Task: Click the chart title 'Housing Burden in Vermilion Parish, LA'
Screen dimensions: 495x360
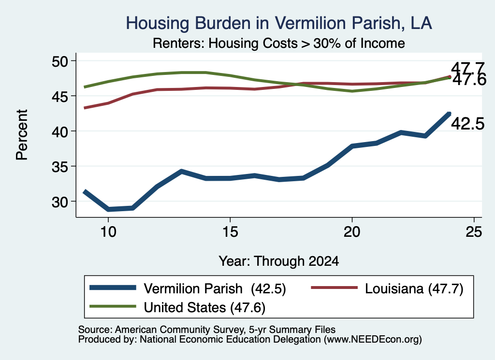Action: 279,23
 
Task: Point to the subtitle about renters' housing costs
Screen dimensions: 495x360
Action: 279,43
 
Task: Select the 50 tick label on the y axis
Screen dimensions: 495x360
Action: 59,61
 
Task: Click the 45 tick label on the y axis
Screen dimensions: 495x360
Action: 59,96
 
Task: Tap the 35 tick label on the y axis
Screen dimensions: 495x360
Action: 59,167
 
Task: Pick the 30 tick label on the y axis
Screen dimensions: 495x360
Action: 59,202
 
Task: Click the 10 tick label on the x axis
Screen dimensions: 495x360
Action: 108,232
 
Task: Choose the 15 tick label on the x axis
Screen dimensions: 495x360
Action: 230,232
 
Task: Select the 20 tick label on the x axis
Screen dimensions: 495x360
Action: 352,232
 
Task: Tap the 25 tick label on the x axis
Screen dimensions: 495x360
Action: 474,232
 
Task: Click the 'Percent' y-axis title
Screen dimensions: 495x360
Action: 22,135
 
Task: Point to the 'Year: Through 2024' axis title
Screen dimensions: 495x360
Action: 279,261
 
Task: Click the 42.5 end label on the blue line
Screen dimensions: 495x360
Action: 467,124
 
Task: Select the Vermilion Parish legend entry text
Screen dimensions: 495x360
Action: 215,288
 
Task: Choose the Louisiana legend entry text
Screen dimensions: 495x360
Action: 414,288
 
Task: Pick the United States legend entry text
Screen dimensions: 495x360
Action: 204,307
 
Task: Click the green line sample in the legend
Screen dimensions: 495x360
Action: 113,306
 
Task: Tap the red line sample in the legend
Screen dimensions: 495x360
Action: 335,288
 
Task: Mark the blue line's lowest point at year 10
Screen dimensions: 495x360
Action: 108,209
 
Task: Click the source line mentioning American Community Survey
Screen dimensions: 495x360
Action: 207,330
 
